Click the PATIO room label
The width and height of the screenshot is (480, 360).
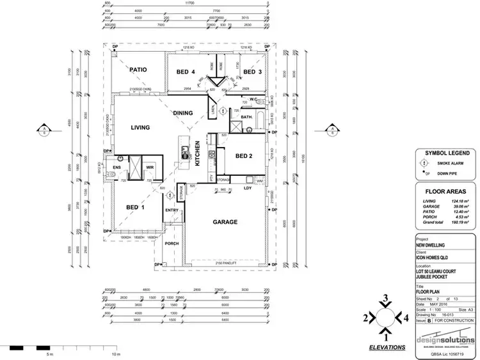[x=139, y=70]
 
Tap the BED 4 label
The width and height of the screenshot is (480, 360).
[x=185, y=72]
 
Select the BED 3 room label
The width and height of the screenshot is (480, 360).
[x=253, y=72]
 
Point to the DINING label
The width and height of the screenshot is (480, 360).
[x=182, y=113]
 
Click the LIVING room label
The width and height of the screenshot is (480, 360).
[x=140, y=128]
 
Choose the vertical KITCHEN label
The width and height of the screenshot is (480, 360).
[x=197, y=153]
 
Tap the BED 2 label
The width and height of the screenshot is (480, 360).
[x=245, y=156]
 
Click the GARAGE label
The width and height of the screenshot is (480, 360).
[x=225, y=223]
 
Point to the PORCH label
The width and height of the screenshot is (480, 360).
[x=172, y=243]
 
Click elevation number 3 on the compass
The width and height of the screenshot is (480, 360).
[x=386, y=299]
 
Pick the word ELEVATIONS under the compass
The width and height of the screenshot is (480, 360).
[x=387, y=347]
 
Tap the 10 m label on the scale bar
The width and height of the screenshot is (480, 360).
[x=115, y=354]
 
